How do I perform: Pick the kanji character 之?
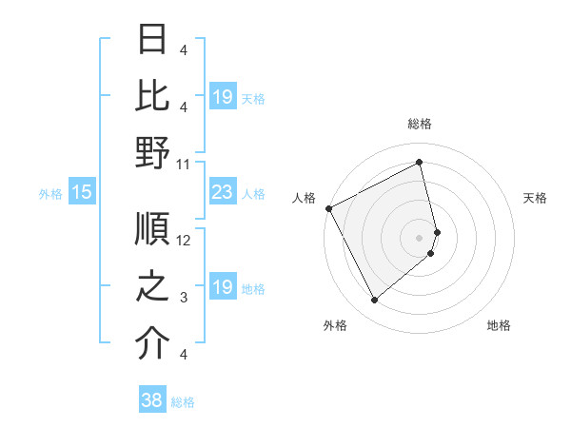click(152, 287)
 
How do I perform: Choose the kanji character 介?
click(152, 343)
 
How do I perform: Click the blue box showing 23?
click(222, 193)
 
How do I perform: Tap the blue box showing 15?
click(81, 193)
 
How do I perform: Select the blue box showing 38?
click(151, 401)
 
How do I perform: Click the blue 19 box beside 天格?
click(222, 97)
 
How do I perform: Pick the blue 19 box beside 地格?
click(222, 287)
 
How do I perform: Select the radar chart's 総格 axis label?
click(420, 124)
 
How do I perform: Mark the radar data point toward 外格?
click(374, 301)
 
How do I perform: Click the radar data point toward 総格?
click(420, 163)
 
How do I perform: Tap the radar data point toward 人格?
click(328, 208)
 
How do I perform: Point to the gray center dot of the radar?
click(420, 237)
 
